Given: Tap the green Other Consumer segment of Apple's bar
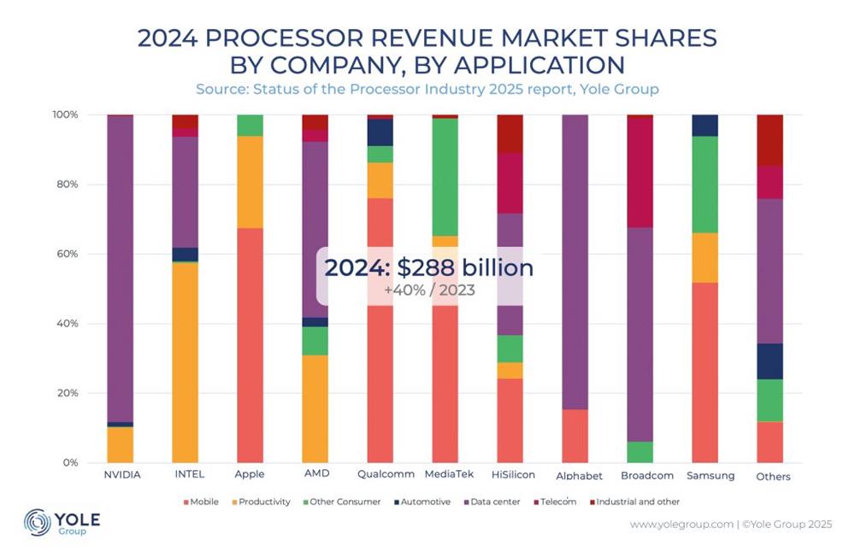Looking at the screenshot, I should click(x=250, y=125).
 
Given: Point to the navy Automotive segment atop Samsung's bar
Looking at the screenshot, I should click(x=705, y=125).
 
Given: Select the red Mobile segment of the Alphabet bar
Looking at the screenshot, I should click(x=575, y=436).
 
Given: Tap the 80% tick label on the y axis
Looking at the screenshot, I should click(x=66, y=185).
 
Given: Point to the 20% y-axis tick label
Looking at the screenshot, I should click(x=66, y=394).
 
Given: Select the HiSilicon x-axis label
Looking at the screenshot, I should click(x=510, y=474).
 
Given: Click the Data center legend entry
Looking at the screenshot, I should click(x=492, y=502).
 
